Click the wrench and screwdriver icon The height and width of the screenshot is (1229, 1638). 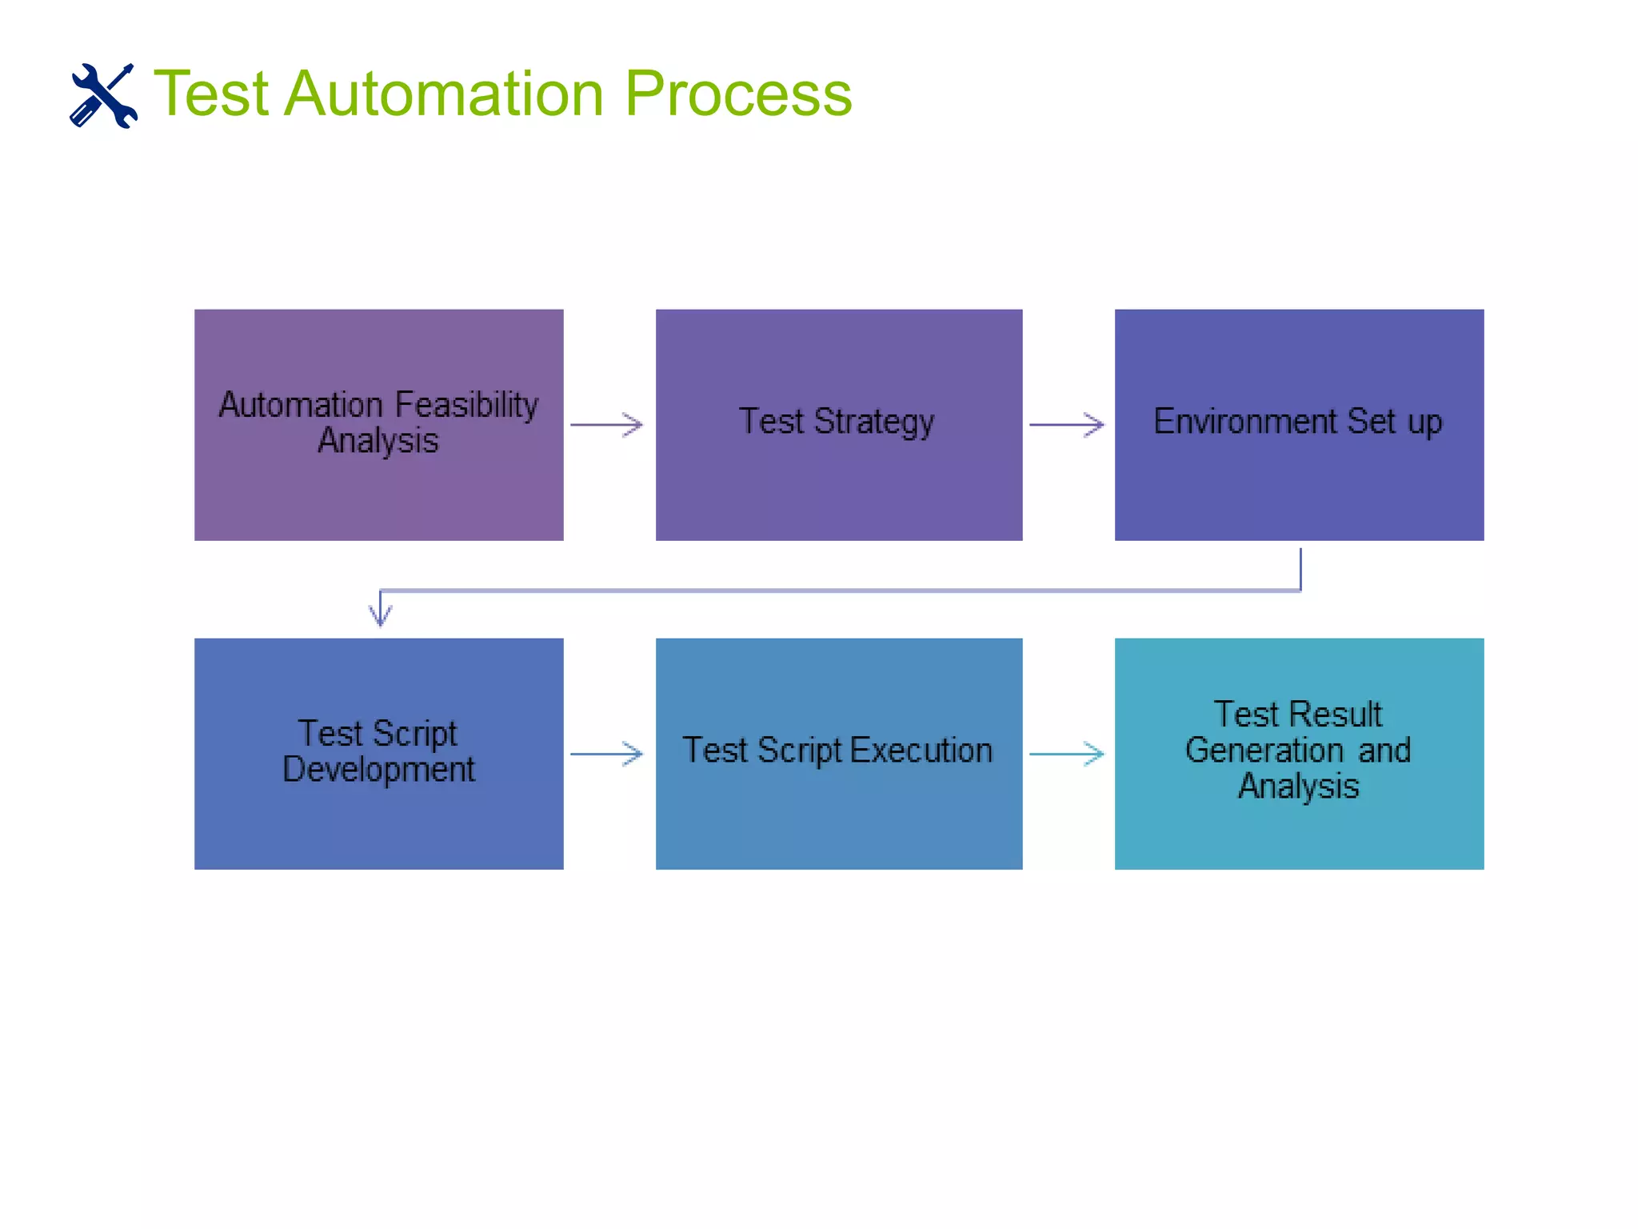[x=103, y=95]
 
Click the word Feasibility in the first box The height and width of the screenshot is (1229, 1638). [x=466, y=405]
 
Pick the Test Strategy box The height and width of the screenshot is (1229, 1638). [x=838, y=488]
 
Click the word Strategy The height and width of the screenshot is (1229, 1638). [x=873, y=422]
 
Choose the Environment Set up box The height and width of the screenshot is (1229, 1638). [x=1299, y=488]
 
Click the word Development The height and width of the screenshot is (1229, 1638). [x=378, y=770]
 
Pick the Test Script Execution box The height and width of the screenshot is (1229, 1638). [x=838, y=816]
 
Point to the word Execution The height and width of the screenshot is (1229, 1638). [x=921, y=751]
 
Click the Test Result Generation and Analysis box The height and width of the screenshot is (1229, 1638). [x=1299, y=832]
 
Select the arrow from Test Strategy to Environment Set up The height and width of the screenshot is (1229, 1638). [x=1066, y=425]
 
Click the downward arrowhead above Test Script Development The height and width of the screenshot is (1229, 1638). [x=380, y=614]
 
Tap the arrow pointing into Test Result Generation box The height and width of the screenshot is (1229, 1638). [x=1066, y=754]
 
